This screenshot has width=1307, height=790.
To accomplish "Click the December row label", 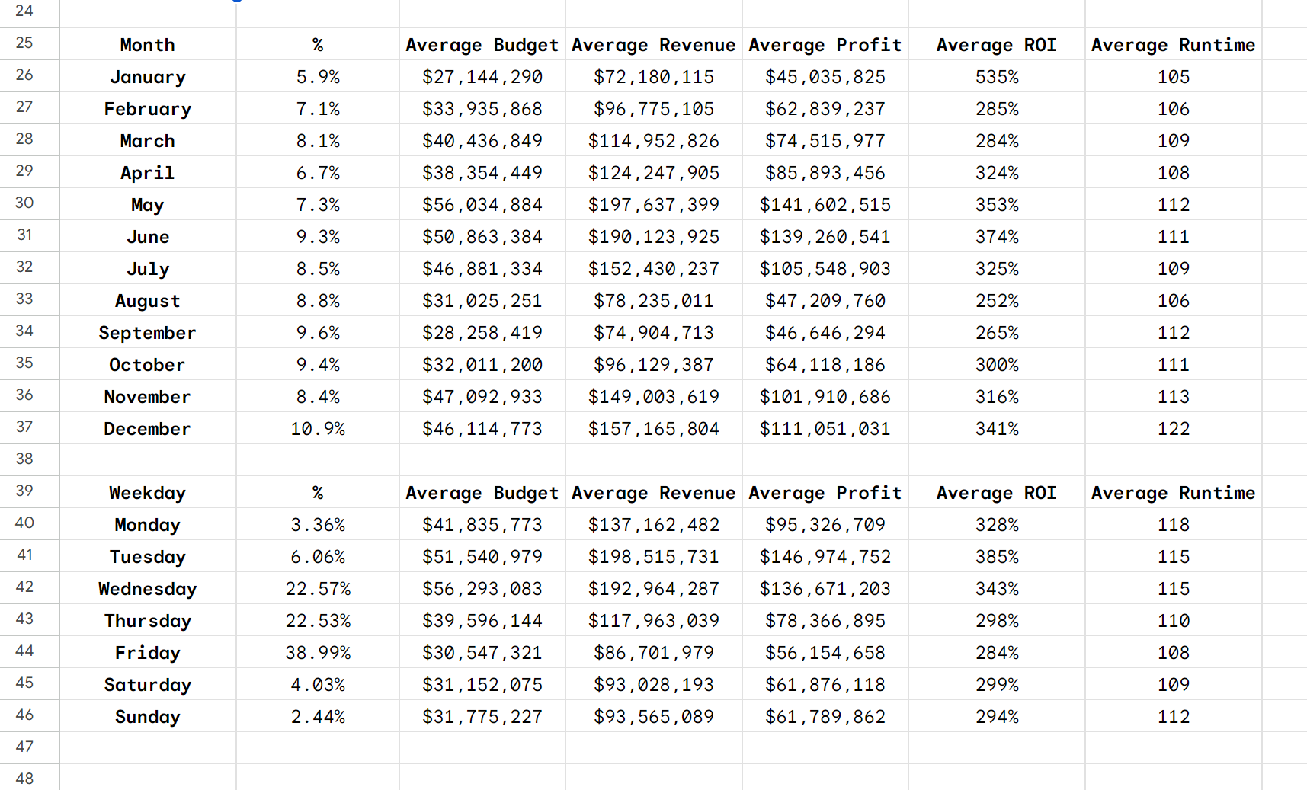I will click(147, 429).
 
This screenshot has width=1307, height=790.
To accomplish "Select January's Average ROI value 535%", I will click(997, 77).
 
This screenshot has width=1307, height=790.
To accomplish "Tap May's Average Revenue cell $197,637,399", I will click(653, 205).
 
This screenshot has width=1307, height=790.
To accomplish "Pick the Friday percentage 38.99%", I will click(318, 653).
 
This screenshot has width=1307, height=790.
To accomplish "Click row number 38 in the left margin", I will click(24, 459).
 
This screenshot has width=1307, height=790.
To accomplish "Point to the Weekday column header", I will click(147, 493).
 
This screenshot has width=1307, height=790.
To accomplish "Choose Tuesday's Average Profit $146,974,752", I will click(825, 557).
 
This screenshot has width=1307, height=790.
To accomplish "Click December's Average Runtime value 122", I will click(1173, 429).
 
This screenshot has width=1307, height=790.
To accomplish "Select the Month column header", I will click(147, 45).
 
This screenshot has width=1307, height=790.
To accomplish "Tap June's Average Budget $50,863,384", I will click(482, 237).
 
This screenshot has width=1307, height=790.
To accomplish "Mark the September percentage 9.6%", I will click(318, 333).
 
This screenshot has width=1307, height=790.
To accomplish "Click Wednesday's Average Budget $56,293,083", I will click(482, 589).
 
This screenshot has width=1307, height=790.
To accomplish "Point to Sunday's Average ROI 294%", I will click(997, 717).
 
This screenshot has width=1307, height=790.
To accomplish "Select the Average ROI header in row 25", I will click(996, 45).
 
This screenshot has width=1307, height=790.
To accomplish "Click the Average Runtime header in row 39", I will click(1173, 493).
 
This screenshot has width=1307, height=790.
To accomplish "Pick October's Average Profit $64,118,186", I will click(825, 365).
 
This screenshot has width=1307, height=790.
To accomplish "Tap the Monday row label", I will click(147, 525).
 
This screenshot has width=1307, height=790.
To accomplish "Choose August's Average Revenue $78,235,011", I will click(653, 301).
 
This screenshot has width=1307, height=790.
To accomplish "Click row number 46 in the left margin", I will click(24, 715).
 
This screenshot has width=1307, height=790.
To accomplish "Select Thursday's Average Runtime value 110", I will click(1173, 621).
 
